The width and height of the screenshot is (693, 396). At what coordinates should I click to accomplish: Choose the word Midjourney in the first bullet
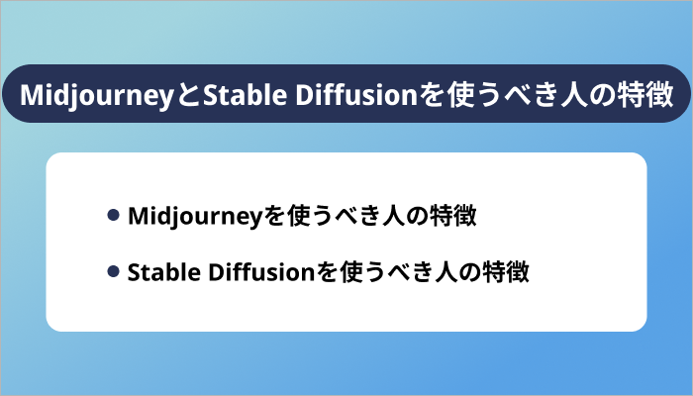pyautogui.click(x=188, y=216)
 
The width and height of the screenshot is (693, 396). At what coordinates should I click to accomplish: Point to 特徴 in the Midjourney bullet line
pyautogui.click(x=455, y=216)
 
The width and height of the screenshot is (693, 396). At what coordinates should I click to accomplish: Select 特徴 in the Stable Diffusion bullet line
pyautogui.click(x=511, y=271)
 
